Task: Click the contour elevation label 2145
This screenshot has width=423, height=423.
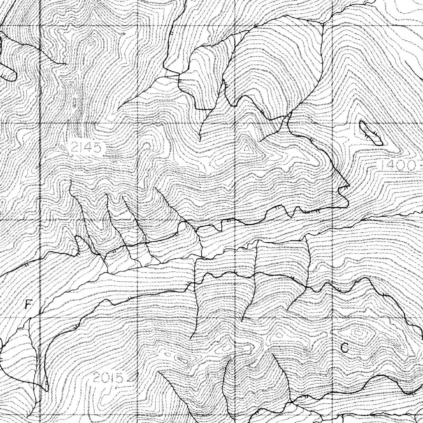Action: (x=86, y=147)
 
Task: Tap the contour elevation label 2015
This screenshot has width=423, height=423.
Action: (x=108, y=378)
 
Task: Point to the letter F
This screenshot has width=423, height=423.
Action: (x=28, y=305)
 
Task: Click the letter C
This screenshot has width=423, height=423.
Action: (x=345, y=348)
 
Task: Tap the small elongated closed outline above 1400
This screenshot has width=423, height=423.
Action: (x=371, y=133)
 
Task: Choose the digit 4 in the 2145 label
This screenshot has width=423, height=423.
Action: (x=90, y=147)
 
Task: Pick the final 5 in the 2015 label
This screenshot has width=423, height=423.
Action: (x=119, y=378)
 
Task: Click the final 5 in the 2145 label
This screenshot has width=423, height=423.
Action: (x=97, y=147)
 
